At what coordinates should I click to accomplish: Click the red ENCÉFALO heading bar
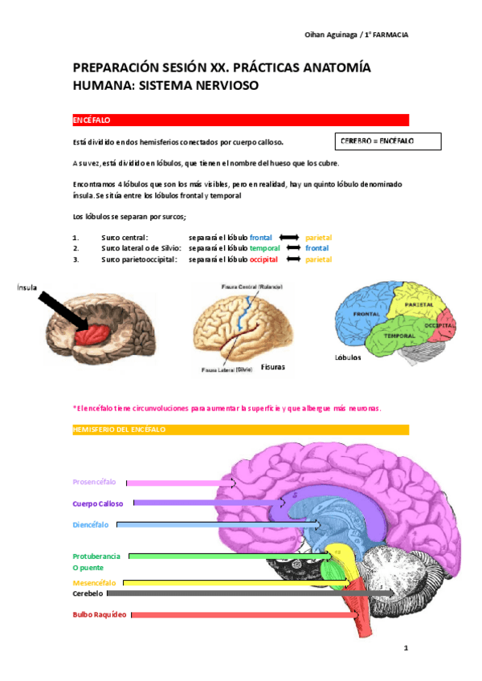point(240,120)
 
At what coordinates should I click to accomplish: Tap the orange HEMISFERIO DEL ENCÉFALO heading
point(240,430)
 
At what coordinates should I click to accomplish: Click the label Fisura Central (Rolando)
point(252,287)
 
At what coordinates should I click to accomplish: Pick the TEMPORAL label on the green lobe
point(399,334)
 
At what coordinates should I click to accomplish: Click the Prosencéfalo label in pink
point(94,482)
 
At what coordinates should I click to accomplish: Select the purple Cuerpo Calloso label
point(97,504)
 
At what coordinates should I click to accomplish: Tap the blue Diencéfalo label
point(90,524)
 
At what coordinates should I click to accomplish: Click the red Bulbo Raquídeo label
point(100,614)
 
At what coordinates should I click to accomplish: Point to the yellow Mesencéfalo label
point(94,582)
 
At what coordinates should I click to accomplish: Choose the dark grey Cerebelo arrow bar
point(249,593)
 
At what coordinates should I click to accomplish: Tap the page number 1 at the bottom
point(406,647)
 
